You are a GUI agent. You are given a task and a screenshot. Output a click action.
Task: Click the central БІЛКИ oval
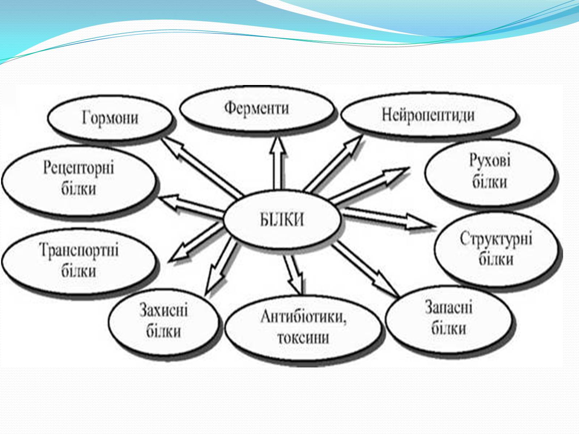282,219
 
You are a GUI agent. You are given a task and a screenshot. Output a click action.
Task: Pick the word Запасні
449,307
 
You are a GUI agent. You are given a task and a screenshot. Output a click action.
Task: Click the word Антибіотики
303,316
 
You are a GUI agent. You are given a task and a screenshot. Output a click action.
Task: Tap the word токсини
303,338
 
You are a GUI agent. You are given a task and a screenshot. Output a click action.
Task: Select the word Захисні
164,310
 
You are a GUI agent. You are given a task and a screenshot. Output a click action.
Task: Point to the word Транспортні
79,250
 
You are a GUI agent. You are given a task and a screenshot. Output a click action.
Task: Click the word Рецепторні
79,168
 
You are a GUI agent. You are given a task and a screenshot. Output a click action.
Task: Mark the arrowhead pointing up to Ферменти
278,146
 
